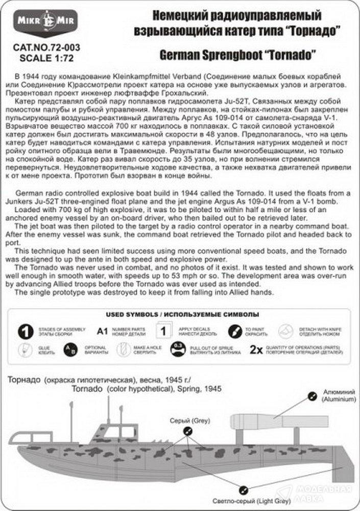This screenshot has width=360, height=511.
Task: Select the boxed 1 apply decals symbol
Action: tap(163, 331)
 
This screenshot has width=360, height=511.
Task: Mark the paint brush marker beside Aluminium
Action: tap(312, 394)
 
